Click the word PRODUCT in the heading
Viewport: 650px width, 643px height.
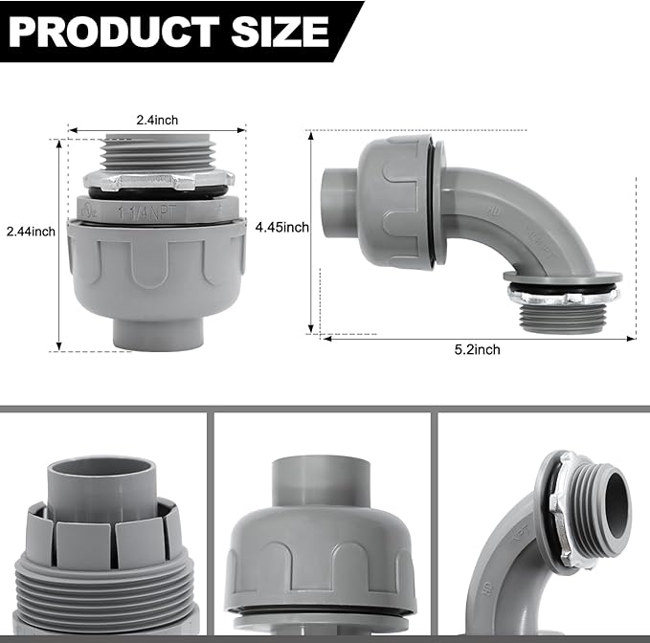115,32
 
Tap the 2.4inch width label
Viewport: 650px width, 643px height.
156,120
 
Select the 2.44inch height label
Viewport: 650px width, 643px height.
31,231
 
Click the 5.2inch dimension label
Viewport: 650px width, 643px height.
477,350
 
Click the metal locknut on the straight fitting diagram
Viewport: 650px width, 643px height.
157,180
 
